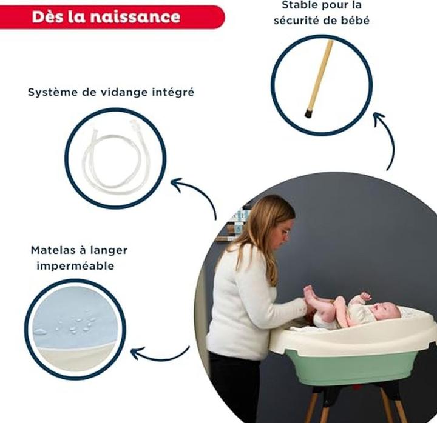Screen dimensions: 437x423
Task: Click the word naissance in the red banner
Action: (x=135, y=17)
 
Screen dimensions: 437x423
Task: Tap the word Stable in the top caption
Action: (x=299, y=5)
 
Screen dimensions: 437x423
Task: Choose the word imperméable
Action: (x=75, y=266)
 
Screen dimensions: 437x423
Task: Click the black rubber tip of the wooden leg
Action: (x=308, y=114)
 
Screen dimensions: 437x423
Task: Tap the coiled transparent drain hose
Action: (x=115, y=155)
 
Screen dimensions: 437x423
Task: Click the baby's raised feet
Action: (x=310, y=293)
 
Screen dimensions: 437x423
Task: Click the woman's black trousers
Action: (x=234, y=387)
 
